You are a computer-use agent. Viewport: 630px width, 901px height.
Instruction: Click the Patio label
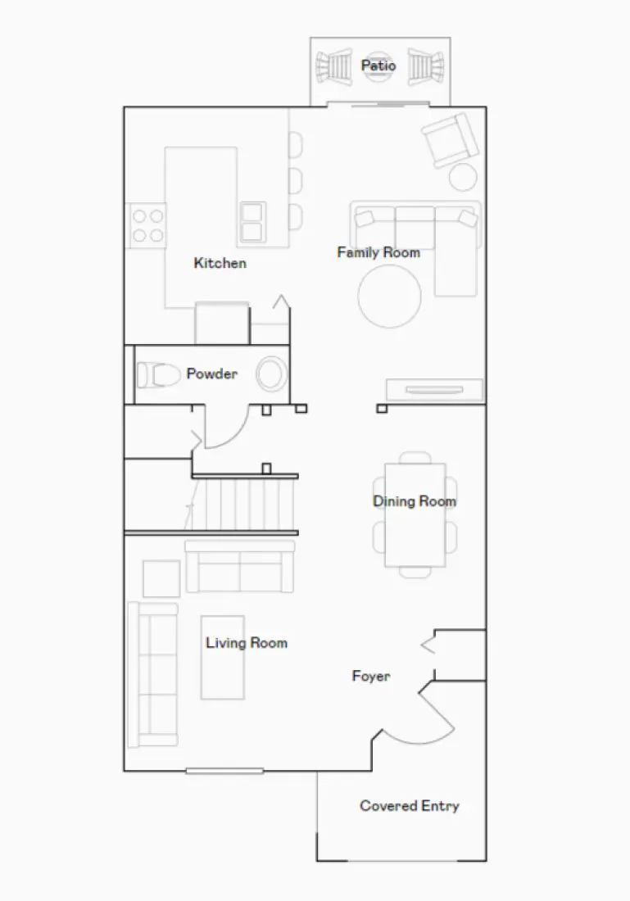[378, 66]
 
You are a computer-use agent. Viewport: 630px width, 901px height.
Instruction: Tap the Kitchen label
[220, 263]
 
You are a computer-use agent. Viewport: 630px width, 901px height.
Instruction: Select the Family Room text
[378, 252]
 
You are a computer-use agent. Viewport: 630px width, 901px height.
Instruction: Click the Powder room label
[211, 374]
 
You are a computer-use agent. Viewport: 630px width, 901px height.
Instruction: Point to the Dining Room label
[415, 501]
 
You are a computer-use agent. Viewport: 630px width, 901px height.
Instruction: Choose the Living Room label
[247, 643]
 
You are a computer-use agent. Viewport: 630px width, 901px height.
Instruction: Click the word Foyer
[371, 677]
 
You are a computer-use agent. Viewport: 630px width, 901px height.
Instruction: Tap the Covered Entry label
[410, 806]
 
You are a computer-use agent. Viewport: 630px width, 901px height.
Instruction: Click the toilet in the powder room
[158, 375]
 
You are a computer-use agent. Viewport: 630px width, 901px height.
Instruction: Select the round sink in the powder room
[271, 374]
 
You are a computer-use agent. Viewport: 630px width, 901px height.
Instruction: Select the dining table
[415, 514]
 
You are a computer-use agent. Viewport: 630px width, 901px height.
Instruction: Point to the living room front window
[224, 771]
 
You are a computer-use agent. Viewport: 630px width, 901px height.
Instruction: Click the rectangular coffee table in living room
[223, 658]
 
